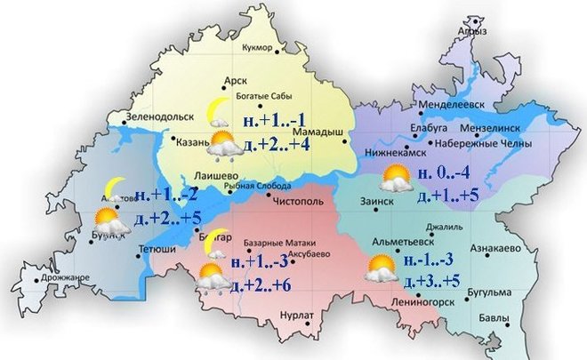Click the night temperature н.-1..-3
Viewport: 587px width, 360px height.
[x=430, y=260]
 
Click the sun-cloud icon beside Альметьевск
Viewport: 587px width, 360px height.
[x=382, y=268]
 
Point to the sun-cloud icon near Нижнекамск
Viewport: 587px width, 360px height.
[x=394, y=180]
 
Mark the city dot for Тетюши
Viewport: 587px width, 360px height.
[x=140, y=256]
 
